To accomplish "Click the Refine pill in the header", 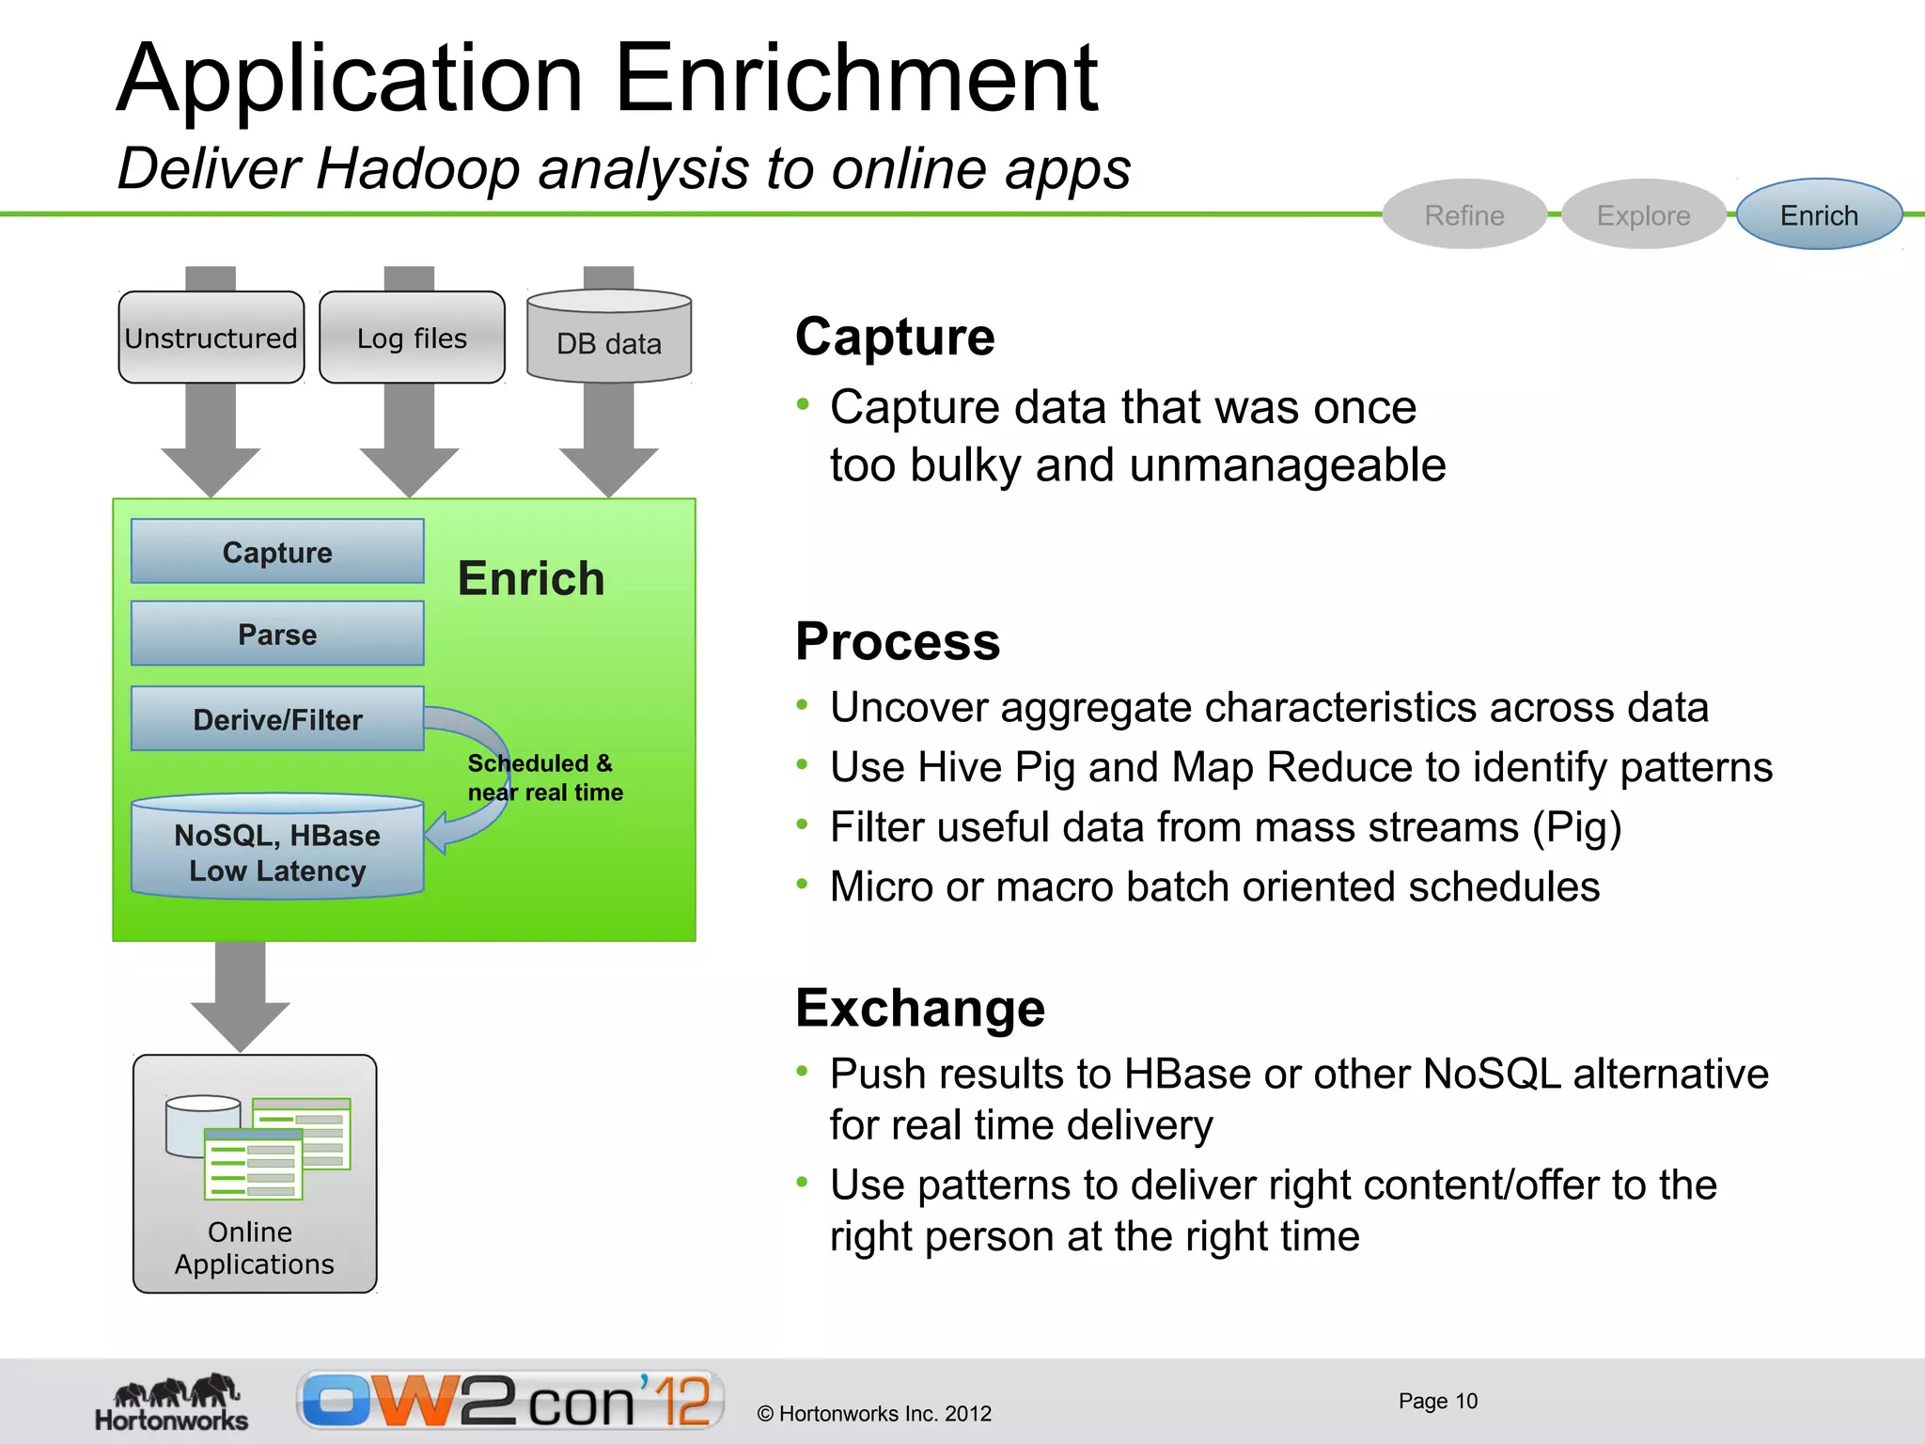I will pos(1463,215).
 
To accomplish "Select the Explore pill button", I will pos(1643,215).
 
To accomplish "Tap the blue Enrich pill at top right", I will pos(1819,215).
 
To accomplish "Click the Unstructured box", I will pos(211,338).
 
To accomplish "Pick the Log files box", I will pos(412,338).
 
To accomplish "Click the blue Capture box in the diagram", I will pos(277,552).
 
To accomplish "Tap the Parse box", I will pos(277,635).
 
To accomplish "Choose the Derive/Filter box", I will pos(277,719).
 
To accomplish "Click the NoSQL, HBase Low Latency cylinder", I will pos(277,853).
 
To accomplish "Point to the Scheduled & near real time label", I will pos(545,777).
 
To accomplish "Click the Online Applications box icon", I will pos(255,1173).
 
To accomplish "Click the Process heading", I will pos(898,642).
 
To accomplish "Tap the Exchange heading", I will pos(920,1009).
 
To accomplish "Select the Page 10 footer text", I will pos(1437,1401).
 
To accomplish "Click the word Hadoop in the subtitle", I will pos(417,170).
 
